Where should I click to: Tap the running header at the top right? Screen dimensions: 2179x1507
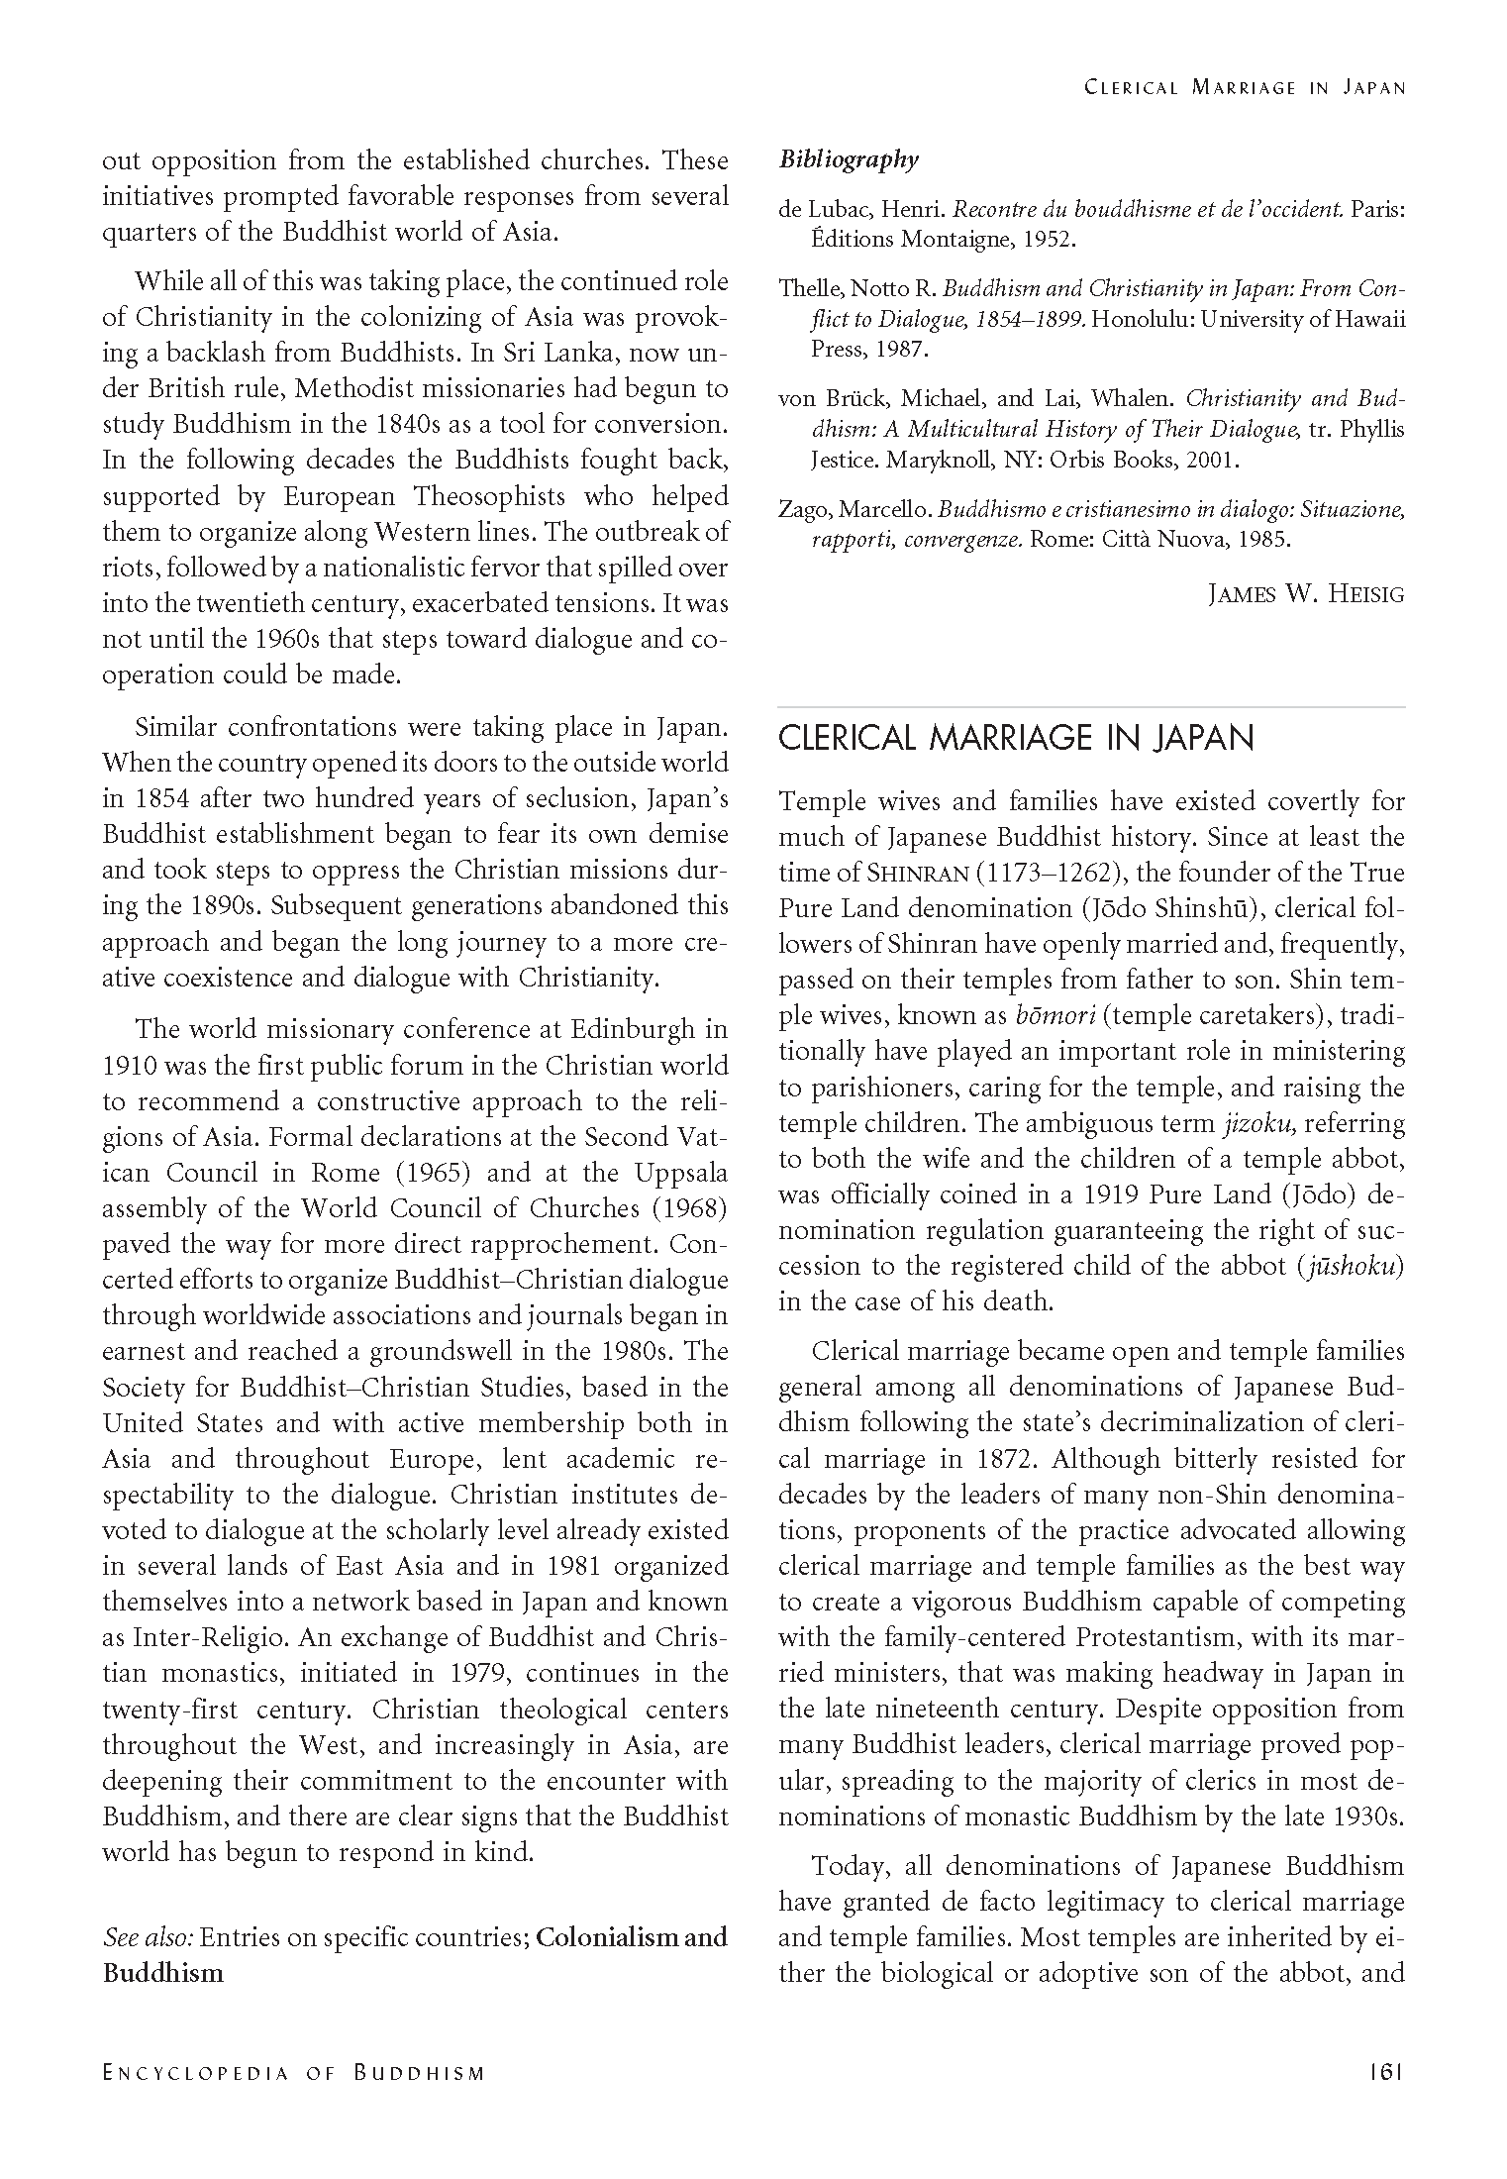click(1245, 87)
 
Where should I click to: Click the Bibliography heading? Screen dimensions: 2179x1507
click(849, 159)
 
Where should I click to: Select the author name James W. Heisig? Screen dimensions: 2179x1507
click(1306, 594)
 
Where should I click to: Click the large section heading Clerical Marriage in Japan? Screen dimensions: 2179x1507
click(1016, 739)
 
